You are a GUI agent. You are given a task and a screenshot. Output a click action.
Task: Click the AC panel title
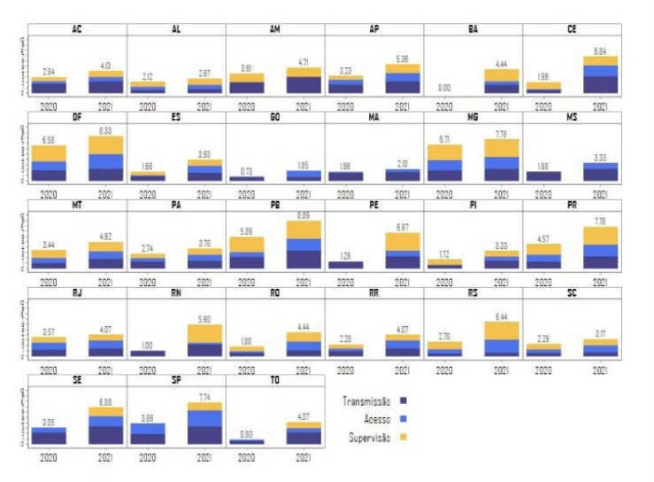[x=77, y=29]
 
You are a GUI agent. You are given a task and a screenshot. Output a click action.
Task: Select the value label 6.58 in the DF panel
[x=49, y=139]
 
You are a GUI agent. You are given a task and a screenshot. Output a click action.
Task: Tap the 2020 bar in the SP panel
[x=148, y=433]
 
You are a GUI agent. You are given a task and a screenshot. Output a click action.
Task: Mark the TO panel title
[x=275, y=377]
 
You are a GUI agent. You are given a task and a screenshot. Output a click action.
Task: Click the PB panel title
[x=275, y=203]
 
